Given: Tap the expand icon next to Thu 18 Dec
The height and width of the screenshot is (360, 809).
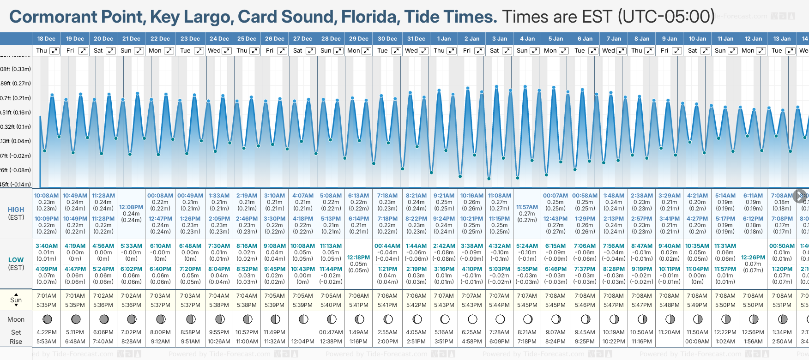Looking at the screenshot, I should tap(54, 51).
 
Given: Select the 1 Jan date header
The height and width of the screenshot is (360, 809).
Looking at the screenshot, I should tap(444, 39).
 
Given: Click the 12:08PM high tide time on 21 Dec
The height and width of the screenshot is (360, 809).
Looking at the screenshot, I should tap(131, 207).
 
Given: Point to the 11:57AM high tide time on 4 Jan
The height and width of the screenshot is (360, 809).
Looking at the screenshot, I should tap(527, 207).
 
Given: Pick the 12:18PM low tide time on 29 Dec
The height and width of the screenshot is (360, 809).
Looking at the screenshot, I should tap(358, 258).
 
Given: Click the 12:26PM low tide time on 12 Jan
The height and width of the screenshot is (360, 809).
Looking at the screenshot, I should tap(753, 258).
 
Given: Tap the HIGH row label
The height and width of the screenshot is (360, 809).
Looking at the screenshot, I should tap(16, 210).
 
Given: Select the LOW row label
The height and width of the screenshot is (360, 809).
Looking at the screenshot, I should tap(16, 260).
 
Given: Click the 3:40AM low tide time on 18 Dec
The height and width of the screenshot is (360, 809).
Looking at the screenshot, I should tap(47, 246).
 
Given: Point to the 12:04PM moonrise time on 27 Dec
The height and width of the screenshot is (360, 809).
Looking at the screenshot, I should tap(303, 342).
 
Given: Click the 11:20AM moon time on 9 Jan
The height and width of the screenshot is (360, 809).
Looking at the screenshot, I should tap(669, 332).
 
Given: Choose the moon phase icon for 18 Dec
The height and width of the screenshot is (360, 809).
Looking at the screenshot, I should tap(47, 319).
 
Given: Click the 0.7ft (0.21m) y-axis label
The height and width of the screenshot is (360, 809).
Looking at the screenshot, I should tap(15, 98).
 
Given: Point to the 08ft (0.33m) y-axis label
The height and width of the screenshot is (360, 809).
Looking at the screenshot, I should tap(15, 69).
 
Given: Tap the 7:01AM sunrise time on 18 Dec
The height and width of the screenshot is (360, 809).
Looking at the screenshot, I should tap(47, 296).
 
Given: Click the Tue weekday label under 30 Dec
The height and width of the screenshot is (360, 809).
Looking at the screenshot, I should tap(382, 51).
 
